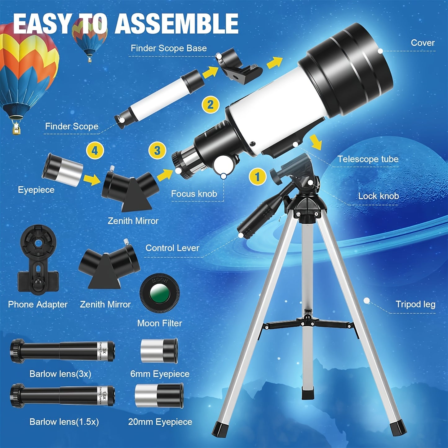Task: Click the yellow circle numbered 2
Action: pos(211,104)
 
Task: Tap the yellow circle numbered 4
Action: pos(95,151)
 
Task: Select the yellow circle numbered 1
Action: pos(257,177)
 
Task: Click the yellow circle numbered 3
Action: pos(157,151)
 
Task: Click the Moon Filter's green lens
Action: pos(160,293)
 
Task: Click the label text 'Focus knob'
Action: pos(194,194)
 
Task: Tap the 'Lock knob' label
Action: pos(378,196)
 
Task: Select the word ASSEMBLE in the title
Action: pos(177,24)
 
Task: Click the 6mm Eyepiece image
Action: pos(159,351)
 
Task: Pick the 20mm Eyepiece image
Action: pos(159,396)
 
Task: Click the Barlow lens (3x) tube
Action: pos(62,351)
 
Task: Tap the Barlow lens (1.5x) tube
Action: pos(62,396)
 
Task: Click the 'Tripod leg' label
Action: pos(415,304)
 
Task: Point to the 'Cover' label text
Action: pos(422,43)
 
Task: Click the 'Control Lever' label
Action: pos(172,248)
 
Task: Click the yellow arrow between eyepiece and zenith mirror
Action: pos(92,179)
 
